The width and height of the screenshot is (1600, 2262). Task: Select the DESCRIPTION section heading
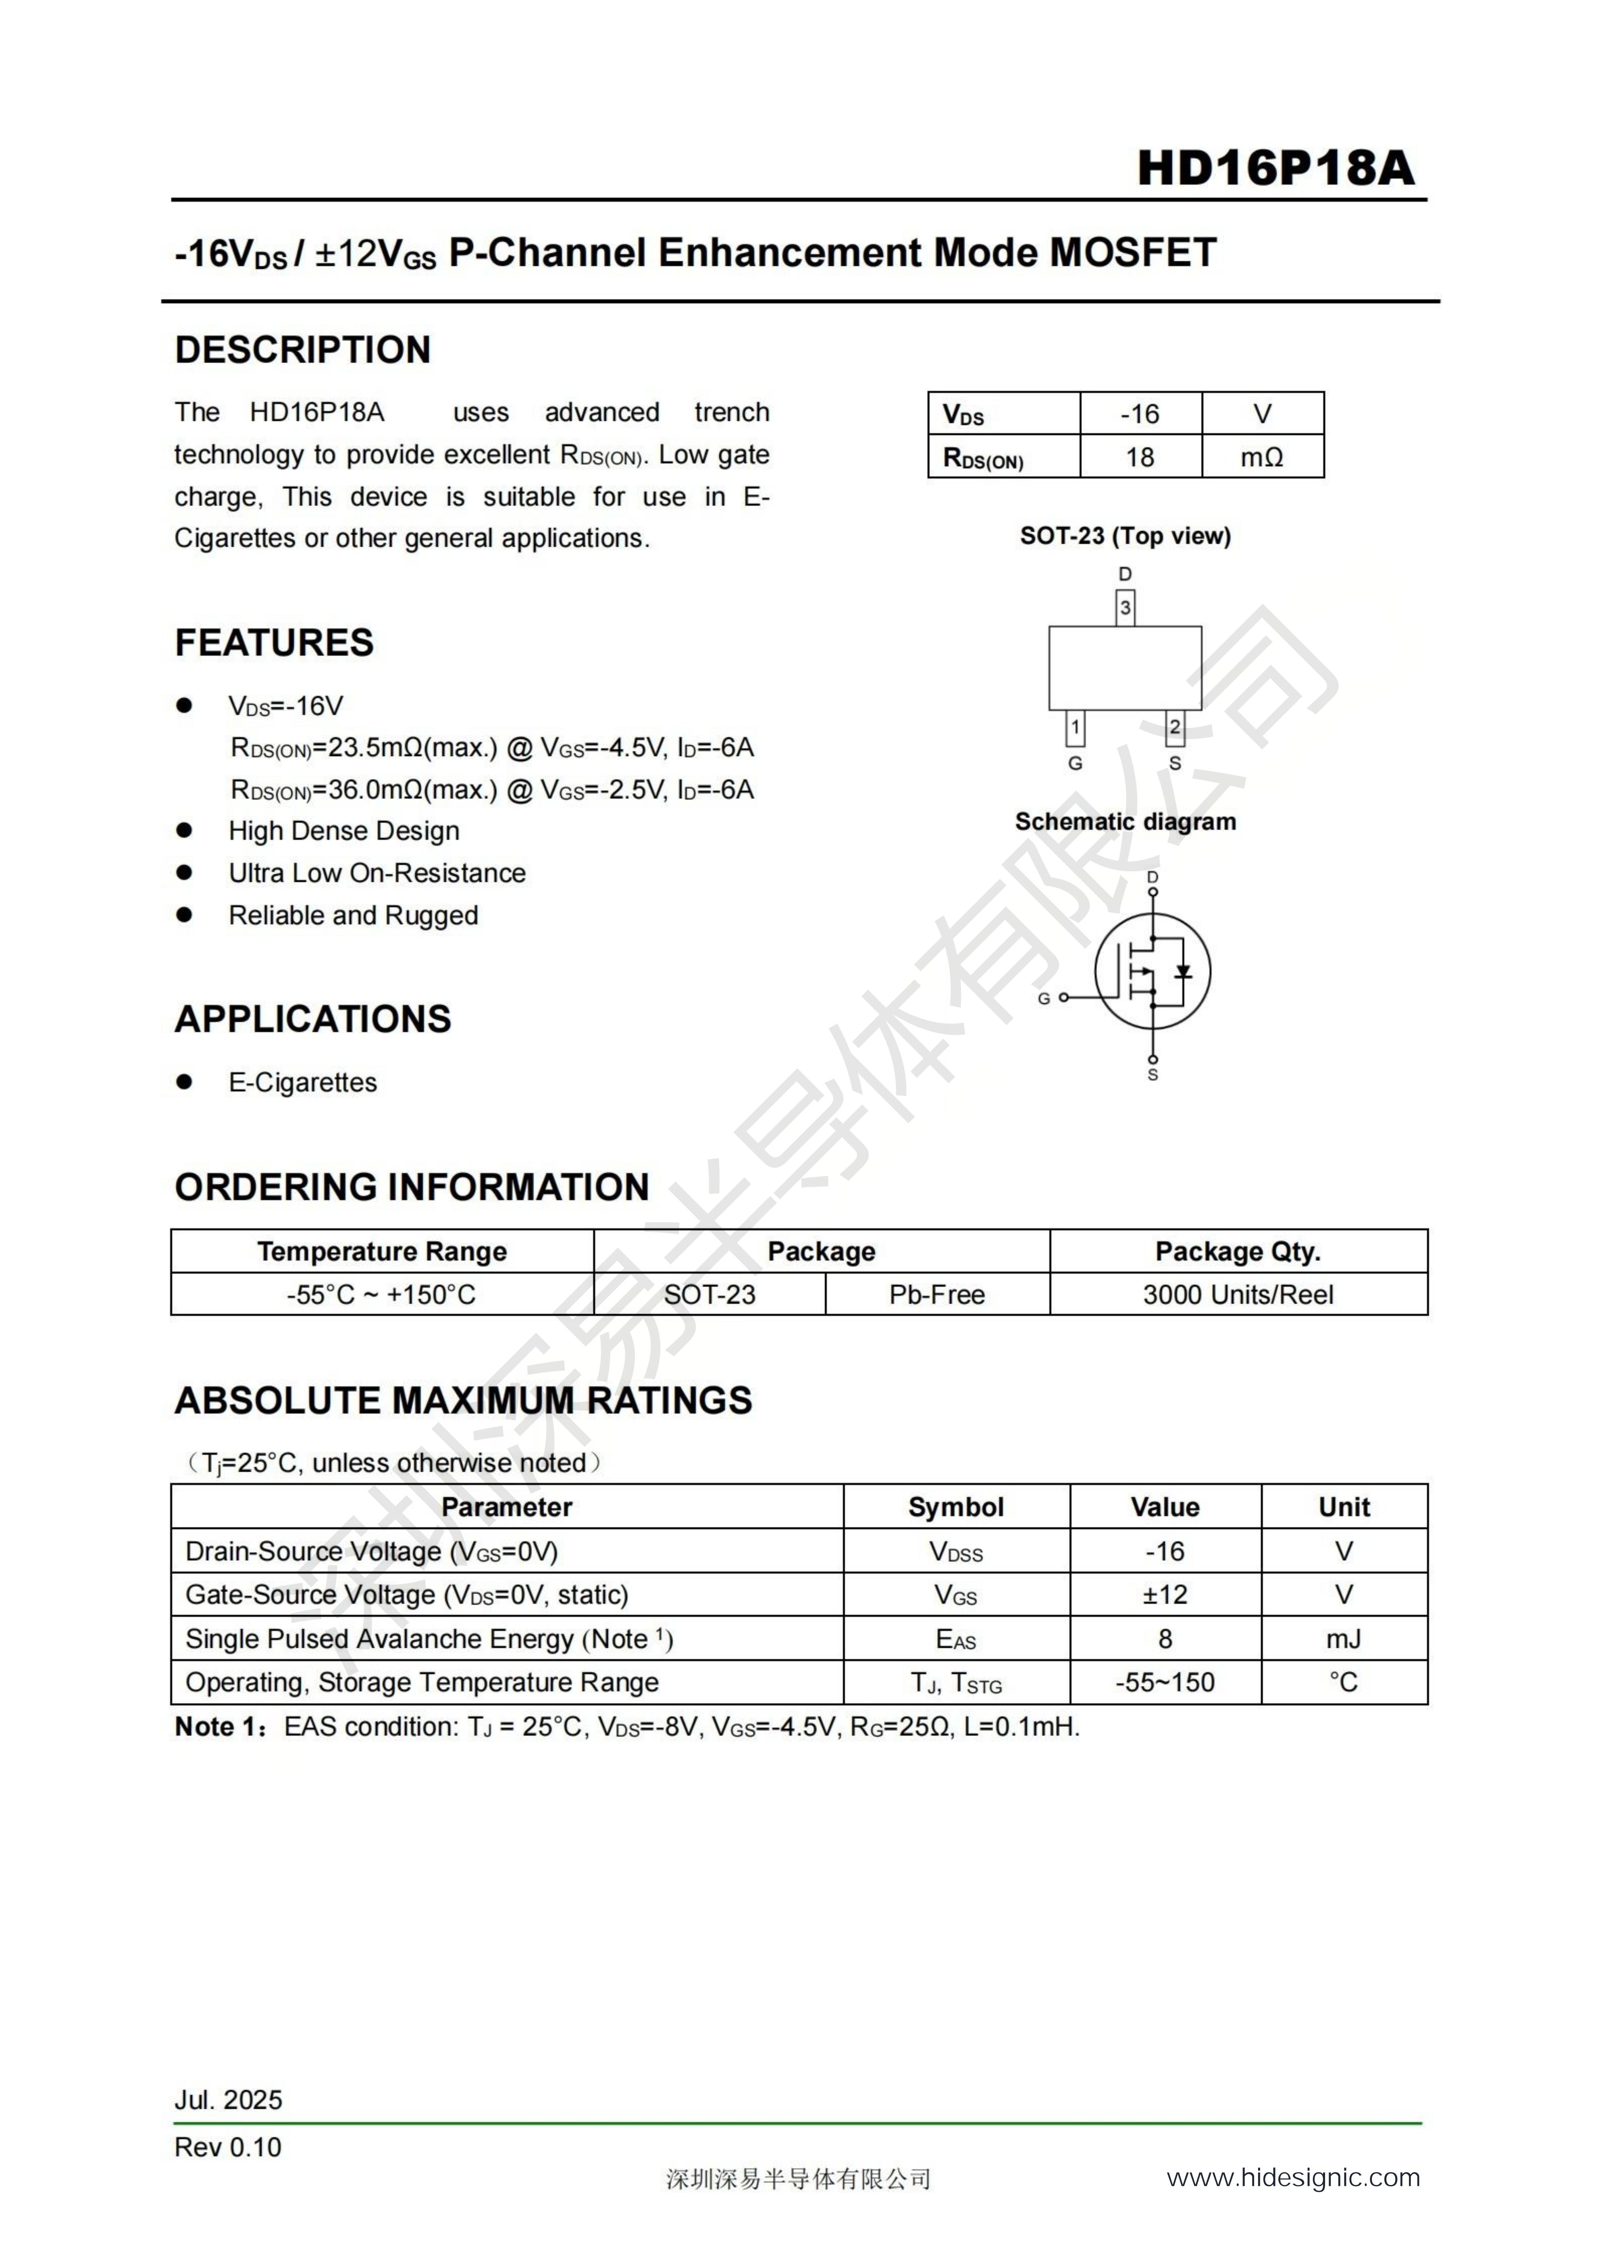[302, 350]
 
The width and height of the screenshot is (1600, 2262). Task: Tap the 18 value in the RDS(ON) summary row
[1140, 457]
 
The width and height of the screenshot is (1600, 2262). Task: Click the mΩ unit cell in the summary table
[1262, 457]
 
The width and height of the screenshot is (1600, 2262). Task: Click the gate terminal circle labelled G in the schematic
[1063, 998]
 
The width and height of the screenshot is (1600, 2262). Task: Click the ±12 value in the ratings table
[1165, 1595]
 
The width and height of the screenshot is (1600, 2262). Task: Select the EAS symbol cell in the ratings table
[956, 1639]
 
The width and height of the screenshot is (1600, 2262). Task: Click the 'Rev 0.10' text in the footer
[228, 2148]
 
